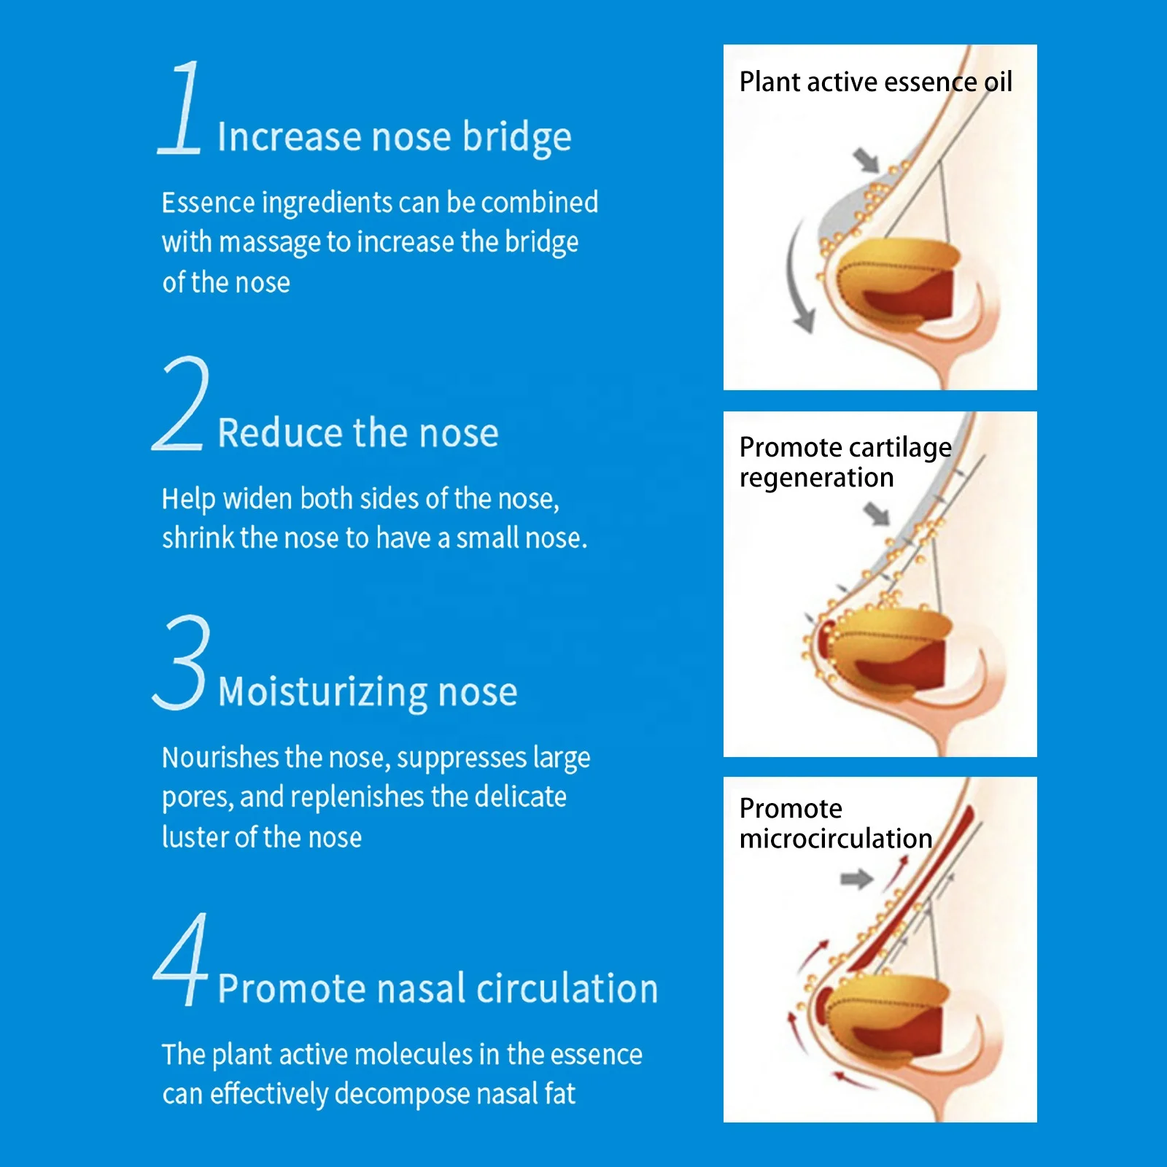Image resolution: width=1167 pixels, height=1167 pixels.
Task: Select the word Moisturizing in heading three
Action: [323, 692]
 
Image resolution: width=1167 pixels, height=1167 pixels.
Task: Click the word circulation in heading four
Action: [567, 989]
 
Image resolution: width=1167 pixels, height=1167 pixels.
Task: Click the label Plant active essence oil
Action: [875, 82]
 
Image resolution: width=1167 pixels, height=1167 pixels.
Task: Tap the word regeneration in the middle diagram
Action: [816, 478]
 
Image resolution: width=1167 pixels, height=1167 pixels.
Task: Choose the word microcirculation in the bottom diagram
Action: [835, 839]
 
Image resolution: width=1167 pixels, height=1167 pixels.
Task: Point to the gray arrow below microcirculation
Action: [856, 879]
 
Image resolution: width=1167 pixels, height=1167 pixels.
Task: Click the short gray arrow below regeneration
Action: [877, 513]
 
